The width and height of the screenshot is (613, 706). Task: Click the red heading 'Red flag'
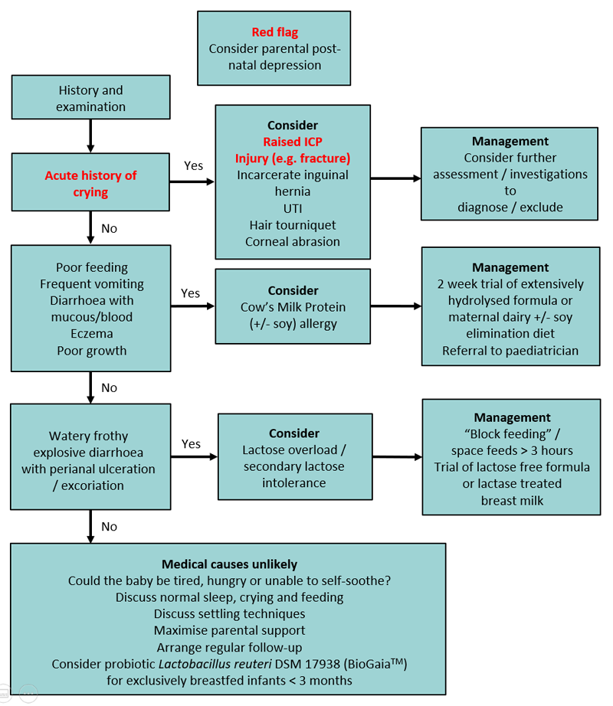274,32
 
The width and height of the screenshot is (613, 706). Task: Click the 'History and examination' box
90,99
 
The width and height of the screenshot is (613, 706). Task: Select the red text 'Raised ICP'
293,142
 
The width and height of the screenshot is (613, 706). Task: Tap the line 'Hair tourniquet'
293,225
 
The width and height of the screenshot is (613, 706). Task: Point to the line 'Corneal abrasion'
293,241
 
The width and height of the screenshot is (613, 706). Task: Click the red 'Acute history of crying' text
90,184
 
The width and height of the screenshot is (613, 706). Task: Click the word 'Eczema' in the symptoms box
90,334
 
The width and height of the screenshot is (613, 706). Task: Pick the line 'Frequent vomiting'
90,284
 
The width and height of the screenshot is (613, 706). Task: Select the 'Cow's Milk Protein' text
293,307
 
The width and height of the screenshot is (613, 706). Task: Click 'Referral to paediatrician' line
510,351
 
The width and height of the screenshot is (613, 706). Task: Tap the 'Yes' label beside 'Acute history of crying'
193,165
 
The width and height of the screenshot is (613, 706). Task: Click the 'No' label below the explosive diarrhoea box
110,527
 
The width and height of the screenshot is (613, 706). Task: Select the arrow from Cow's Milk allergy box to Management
395,306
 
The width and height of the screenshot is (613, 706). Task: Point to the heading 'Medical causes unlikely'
228,564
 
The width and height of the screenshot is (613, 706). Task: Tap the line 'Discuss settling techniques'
228,614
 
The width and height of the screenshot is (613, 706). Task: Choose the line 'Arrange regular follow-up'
228,647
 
